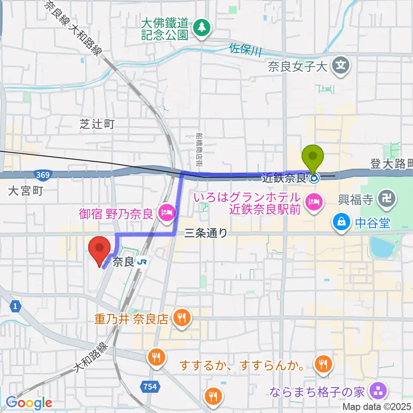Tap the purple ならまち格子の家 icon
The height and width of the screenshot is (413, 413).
[379, 391]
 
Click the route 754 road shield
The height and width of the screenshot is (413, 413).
[150, 386]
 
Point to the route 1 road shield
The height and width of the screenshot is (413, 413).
[15, 306]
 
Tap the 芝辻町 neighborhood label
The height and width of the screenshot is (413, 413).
[97, 125]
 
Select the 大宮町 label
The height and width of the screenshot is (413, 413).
[25, 191]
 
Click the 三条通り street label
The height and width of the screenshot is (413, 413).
[206, 233]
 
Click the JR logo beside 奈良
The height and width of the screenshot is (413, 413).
[142, 262]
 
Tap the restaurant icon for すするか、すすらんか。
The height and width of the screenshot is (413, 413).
[322, 365]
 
